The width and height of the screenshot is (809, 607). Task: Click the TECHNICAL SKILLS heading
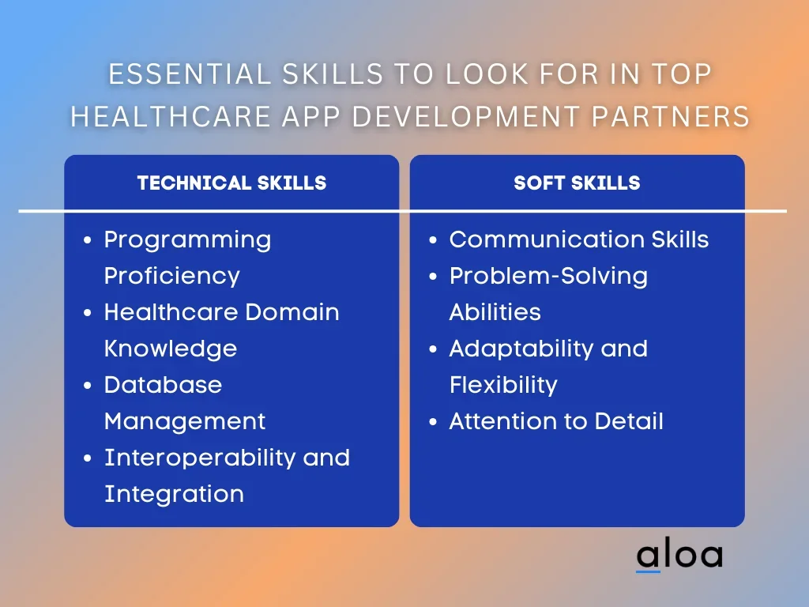(x=231, y=183)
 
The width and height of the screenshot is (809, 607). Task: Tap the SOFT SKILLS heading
(x=577, y=183)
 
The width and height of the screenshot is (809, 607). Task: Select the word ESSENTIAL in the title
(x=190, y=74)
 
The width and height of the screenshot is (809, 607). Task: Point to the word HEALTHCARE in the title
(x=171, y=116)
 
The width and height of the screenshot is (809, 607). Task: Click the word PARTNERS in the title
(x=670, y=116)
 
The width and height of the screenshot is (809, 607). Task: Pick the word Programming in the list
(x=187, y=241)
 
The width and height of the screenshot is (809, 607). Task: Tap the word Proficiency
(x=171, y=277)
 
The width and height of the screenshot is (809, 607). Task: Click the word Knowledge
(x=171, y=349)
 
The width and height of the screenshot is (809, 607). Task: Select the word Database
(x=163, y=385)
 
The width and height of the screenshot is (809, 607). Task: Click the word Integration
(x=174, y=495)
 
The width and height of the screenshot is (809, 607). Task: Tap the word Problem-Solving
(x=548, y=277)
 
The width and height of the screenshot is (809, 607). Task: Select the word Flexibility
(x=503, y=386)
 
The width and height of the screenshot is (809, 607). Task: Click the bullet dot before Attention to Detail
(x=433, y=422)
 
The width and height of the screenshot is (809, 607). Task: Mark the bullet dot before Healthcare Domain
(x=87, y=313)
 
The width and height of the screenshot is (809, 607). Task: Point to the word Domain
(x=292, y=312)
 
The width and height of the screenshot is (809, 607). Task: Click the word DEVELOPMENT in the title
(x=466, y=116)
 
